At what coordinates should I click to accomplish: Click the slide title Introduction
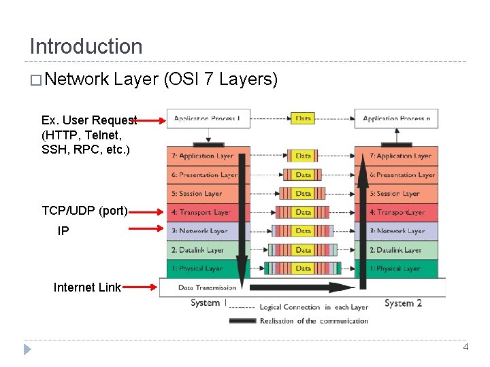[86, 46]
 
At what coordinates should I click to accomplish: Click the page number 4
[465, 347]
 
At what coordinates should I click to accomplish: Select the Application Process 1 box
[208, 118]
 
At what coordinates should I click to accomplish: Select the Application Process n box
[397, 118]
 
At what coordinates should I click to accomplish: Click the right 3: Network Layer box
[397, 231]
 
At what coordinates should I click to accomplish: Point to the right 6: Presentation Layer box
[397, 175]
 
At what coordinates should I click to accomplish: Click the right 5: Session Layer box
[397, 194]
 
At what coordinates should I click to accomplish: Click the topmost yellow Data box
[304, 118]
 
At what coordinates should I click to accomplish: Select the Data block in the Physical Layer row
[304, 268]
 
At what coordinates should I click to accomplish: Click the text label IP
[63, 231]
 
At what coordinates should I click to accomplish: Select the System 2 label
[403, 303]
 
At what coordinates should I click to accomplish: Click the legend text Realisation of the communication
[314, 321]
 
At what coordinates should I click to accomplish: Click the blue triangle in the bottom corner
[27, 349]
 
